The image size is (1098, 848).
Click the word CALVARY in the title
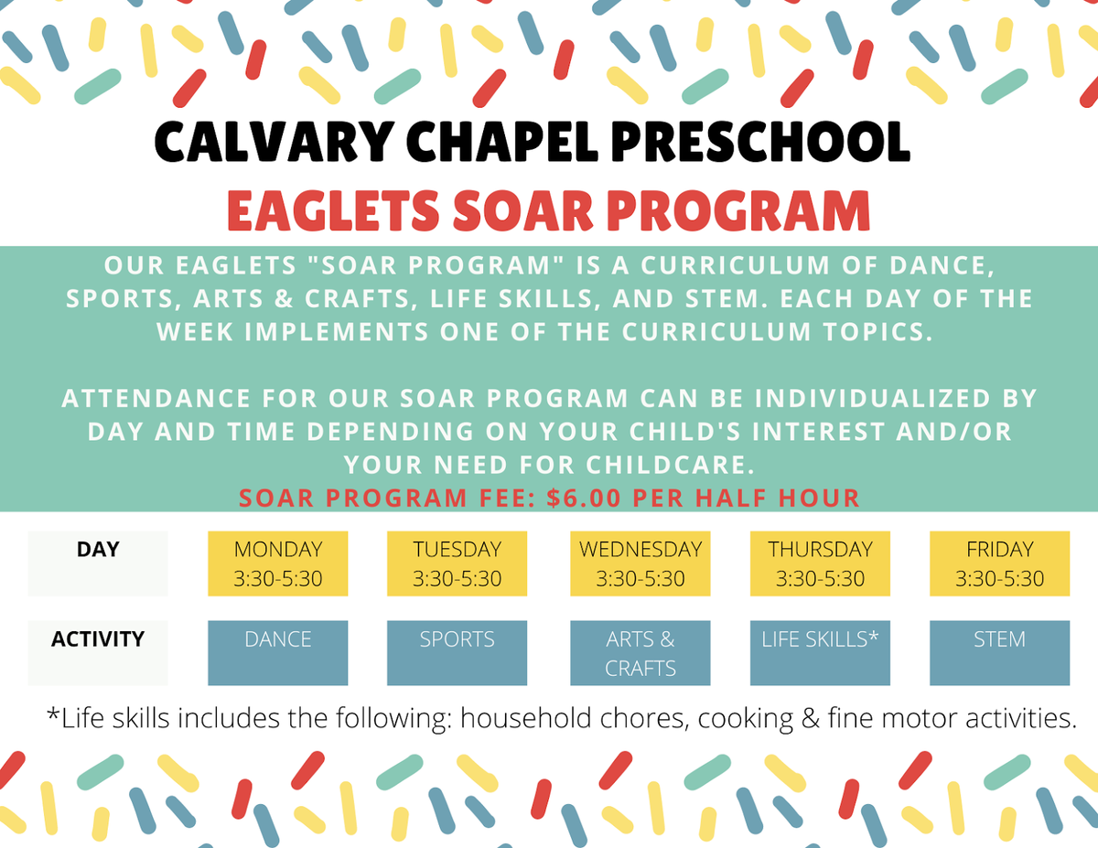coord(274,142)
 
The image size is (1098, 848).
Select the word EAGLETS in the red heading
coord(333,210)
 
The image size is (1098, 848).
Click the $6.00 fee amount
coord(584,498)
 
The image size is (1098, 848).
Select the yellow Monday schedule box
coord(278,564)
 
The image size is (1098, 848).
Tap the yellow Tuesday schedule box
coord(457,564)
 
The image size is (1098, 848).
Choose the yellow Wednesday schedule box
coord(640,564)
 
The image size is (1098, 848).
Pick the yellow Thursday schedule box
coord(820,564)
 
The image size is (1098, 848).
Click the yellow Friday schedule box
coord(999,564)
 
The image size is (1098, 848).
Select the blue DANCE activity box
coord(278,653)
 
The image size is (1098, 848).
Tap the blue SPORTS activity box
coord(457,653)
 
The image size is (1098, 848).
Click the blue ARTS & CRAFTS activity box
coord(640,653)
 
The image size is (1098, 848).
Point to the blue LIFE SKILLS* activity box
coord(820,653)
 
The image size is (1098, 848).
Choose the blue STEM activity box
coord(999,653)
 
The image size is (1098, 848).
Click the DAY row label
coord(98,550)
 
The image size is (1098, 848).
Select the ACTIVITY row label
coord(98,639)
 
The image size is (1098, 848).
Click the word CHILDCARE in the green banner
coord(670,465)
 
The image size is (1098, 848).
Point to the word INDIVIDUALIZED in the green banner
coord(872,398)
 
